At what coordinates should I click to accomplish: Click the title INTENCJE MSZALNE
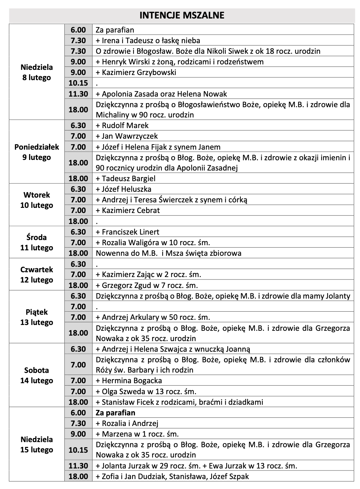pyautogui.click(x=182, y=15)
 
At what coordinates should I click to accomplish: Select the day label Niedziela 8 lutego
pyautogui.click(x=37, y=72)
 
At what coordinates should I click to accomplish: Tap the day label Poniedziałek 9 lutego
pyautogui.click(x=37, y=152)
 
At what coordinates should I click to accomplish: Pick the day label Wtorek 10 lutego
pyautogui.click(x=37, y=200)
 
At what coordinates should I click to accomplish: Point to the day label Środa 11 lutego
pyautogui.click(x=37, y=242)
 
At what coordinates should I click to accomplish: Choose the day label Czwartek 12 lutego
pyautogui.click(x=37, y=275)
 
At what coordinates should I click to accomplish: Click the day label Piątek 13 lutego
pyautogui.click(x=37, y=317)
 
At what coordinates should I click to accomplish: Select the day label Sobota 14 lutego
pyautogui.click(x=37, y=375)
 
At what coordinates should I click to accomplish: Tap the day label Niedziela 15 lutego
pyautogui.click(x=37, y=444)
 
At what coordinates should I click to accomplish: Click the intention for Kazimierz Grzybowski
pyautogui.click(x=136, y=72)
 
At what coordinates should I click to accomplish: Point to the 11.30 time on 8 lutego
pyautogui.click(x=78, y=94)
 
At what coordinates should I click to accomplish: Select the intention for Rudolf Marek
pyautogui.click(x=122, y=125)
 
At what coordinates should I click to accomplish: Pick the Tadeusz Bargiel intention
pyautogui.click(x=126, y=178)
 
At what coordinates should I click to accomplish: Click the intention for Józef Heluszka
pyautogui.click(x=124, y=189)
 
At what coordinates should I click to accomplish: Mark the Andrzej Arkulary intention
pyautogui.click(x=153, y=317)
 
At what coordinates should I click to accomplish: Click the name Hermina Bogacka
pyautogui.click(x=132, y=380)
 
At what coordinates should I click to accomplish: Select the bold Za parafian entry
pyautogui.click(x=115, y=413)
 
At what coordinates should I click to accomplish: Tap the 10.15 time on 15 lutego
pyautogui.click(x=78, y=450)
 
